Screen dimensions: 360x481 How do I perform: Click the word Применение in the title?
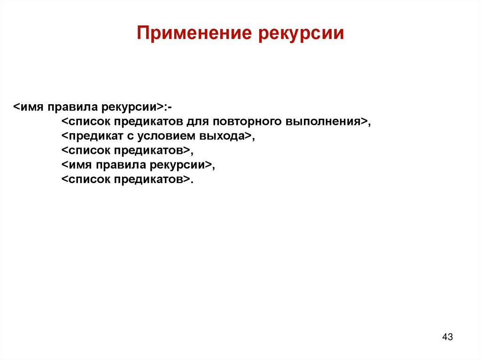pyautogui.click(x=194, y=33)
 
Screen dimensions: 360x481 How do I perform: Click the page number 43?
pyautogui.click(x=447, y=337)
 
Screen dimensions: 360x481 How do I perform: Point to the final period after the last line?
pyautogui.click(x=192, y=182)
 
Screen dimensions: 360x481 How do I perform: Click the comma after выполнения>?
pyautogui.click(x=369, y=124)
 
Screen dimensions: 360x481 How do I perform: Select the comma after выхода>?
pyautogui.click(x=253, y=138)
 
